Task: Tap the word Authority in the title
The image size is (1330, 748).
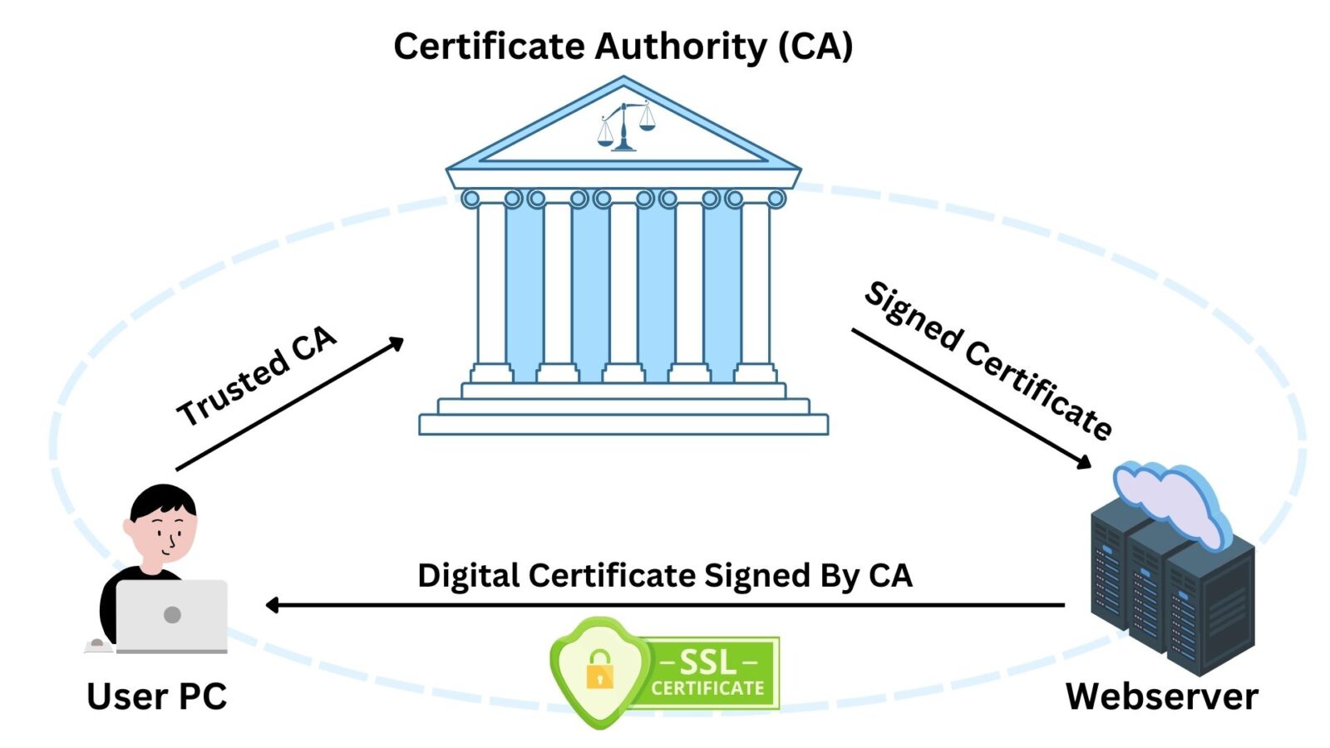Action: (x=680, y=47)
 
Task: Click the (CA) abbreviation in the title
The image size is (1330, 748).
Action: (x=815, y=47)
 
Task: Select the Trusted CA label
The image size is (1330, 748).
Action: (x=256, y=376)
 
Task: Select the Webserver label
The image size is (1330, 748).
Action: (x=1161, y=696)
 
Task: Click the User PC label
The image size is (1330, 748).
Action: (x=156, y=696)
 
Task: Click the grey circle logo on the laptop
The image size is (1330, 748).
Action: (x=172, y=615)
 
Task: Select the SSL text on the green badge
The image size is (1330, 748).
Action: (x=707, y=662)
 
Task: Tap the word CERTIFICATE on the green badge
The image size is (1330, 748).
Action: (x=707, y=688)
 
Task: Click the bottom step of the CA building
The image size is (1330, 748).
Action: (x=623, y=425)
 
